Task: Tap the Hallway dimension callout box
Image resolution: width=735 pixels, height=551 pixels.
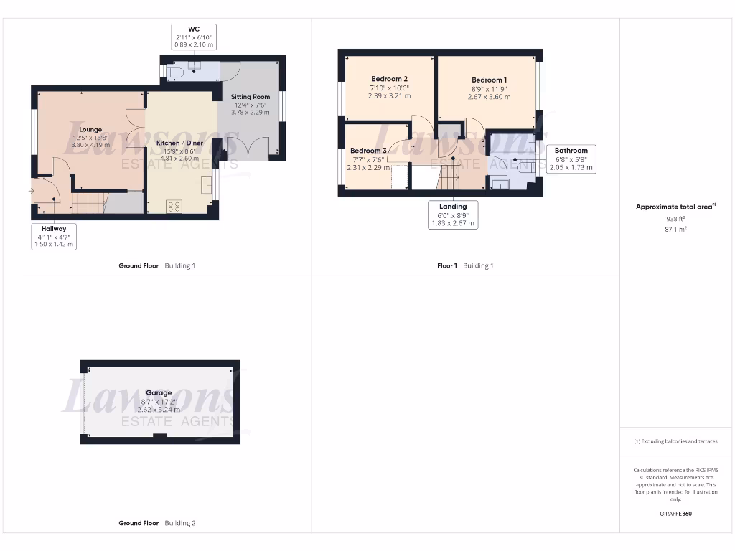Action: [54, 236]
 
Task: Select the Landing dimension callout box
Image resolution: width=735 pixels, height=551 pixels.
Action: [453, 215]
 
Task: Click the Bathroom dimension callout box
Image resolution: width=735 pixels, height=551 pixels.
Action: [571, 159]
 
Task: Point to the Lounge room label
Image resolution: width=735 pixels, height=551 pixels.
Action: [90, 130]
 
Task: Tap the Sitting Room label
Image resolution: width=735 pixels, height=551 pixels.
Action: [250, 96]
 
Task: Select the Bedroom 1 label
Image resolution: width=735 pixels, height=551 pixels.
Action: [489, 80]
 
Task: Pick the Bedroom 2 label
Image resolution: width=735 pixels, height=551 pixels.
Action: [389, 79]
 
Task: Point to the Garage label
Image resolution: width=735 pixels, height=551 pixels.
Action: [159, 392]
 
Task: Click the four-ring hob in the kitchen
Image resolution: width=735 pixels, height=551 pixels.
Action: [174, 206]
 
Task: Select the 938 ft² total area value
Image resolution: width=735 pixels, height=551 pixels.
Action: [675, 218]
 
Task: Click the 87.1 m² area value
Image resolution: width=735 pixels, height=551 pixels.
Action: [675, 230]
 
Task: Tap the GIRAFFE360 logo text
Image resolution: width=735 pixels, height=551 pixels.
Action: [675, 514]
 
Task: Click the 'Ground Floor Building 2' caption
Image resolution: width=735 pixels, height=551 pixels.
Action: [156, 523]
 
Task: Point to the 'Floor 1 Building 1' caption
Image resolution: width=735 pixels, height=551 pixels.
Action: [465, 265]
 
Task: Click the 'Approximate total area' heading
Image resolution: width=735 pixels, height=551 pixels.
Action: [675, 207]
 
